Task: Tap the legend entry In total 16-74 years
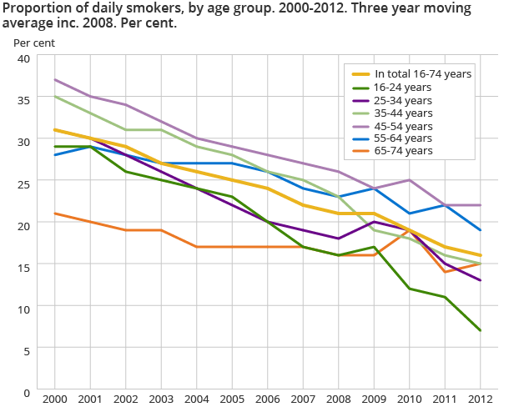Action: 422,73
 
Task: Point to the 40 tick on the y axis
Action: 23,58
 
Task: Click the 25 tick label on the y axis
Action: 23,183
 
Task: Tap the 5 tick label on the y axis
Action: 26,350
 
